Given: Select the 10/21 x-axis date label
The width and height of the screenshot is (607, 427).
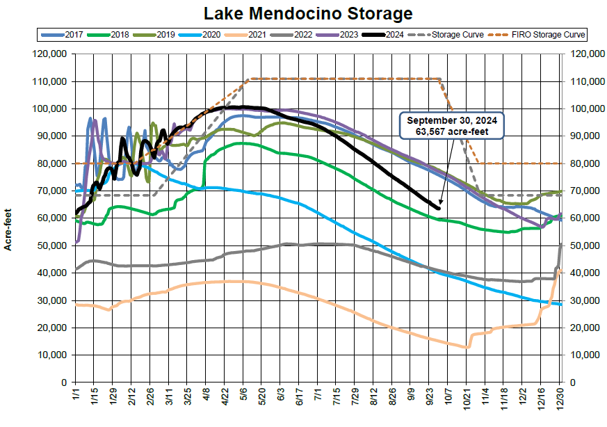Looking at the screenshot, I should (467, 401).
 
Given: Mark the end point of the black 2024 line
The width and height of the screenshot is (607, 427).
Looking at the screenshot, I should (439, 208).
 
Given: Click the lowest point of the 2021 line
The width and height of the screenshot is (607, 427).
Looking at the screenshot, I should (467, 347).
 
